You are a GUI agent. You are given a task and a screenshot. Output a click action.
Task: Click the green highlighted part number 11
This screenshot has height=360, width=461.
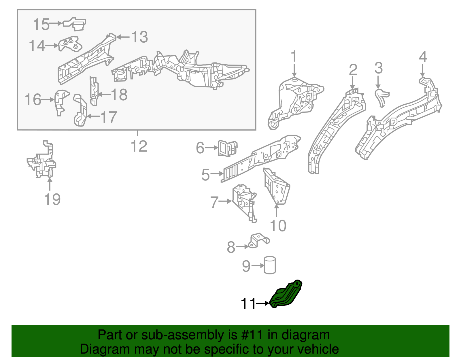coord(285,295)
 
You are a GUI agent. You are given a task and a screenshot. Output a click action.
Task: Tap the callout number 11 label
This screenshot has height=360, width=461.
coord(248,304)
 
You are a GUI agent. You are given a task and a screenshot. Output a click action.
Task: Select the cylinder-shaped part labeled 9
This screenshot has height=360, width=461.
coord(270,265)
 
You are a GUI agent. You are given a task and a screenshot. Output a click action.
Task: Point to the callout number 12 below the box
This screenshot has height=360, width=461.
coord(139,146)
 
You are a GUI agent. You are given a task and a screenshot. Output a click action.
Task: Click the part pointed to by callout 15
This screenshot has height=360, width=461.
coord(75,24)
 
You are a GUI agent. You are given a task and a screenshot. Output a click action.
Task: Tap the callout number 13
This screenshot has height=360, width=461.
coord(140,37)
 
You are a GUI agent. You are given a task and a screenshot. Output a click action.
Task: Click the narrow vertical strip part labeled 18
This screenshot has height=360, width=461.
coord(94,91)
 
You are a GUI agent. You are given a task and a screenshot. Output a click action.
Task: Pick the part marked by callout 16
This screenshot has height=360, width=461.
coord(60,101)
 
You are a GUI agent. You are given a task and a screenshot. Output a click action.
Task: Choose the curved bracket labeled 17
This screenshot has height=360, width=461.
coord(81,111)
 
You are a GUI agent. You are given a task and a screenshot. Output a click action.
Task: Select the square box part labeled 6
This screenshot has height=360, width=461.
coord(228,148)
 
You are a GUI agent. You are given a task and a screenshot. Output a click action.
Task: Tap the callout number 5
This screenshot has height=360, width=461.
coord(205,175)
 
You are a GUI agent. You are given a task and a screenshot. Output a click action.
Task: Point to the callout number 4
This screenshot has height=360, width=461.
coord(423,57)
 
